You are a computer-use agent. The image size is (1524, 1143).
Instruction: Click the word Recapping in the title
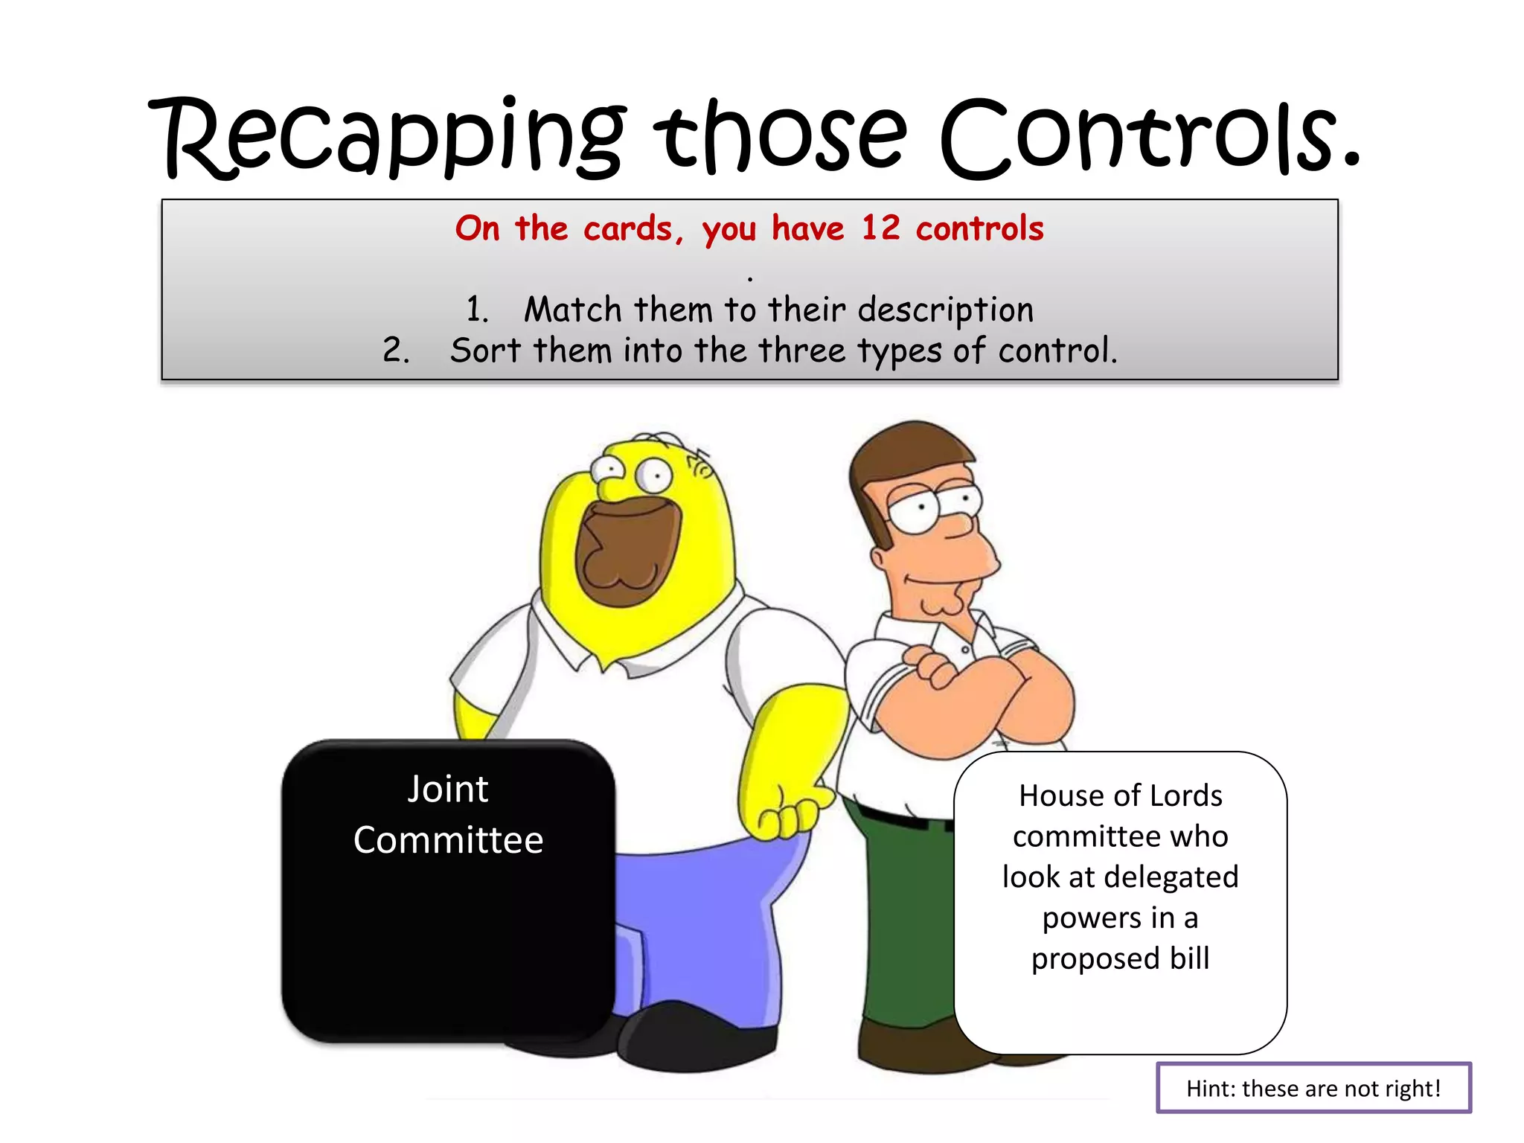[387, 138]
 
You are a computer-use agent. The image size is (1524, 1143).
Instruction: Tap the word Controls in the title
[1150, 138]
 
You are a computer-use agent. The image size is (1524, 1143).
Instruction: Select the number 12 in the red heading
[880, 228]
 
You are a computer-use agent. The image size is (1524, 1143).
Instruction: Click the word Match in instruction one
[572, 310]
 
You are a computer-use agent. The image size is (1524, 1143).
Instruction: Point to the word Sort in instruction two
[485, 350]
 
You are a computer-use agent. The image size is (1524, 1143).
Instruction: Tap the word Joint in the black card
[448, 789]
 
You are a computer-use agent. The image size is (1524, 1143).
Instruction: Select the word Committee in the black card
[448, 840]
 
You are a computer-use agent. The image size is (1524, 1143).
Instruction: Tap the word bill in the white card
[1189, 958]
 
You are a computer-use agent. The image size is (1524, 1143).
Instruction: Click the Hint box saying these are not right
[1313, 1088]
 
